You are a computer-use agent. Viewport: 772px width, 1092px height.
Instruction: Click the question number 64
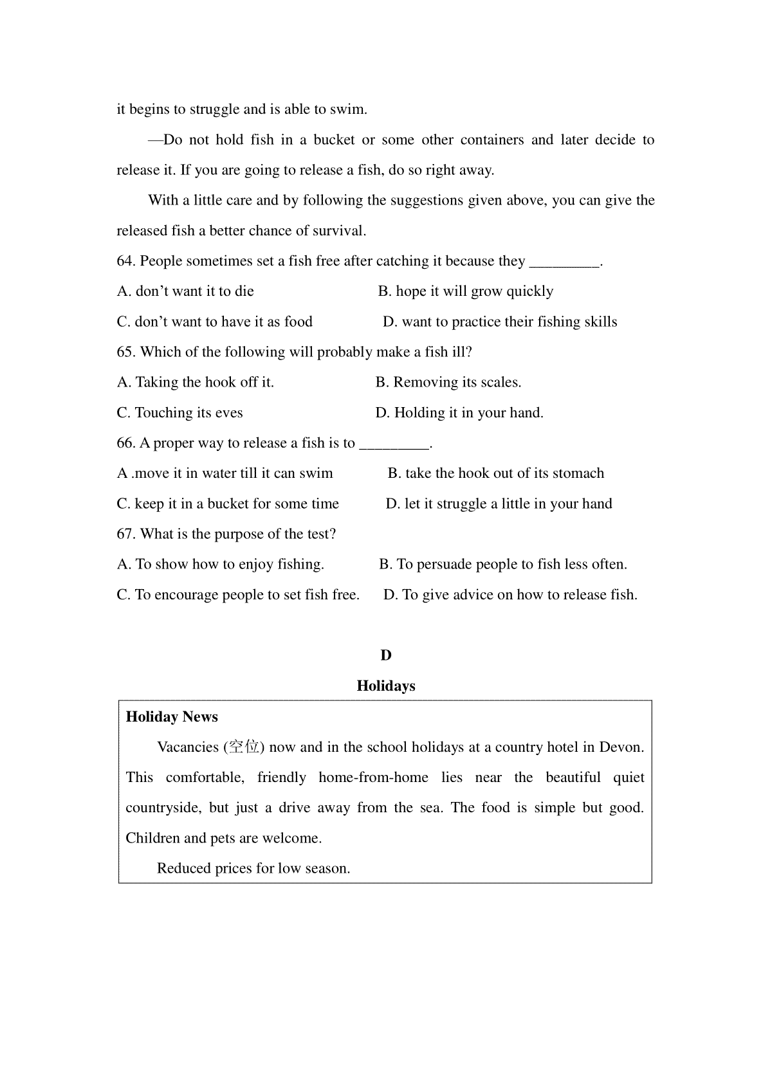(126, 261)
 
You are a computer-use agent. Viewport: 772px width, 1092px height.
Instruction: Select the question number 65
(126, 352)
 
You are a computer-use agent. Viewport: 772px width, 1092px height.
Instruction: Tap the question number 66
(126, 443)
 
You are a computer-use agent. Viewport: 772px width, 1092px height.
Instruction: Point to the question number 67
(126, 534)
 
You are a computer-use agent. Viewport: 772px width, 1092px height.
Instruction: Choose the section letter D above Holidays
(386, 655)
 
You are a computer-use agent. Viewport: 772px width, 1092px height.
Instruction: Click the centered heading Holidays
(386, 686)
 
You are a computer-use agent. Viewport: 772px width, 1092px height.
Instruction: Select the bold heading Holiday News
(172, 717)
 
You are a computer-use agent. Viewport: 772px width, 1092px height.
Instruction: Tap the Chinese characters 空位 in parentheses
(244, 747)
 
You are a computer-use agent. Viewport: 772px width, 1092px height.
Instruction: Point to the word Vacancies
(188, 747)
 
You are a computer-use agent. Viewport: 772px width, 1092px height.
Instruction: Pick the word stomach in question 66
(578, 474)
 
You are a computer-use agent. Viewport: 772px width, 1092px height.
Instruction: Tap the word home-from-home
(373, 778)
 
